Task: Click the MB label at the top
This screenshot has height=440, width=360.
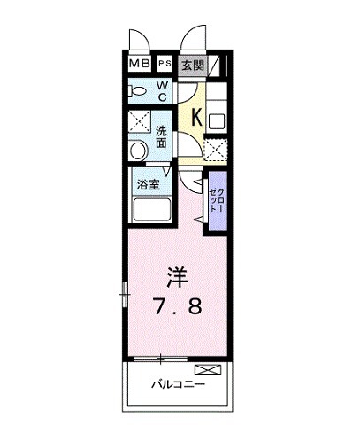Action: pos(140,65)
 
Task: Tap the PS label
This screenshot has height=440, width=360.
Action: pos(165,65)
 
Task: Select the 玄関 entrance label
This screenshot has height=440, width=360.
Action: pos(193,65)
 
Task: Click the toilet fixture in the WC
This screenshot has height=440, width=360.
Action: pos(138,89)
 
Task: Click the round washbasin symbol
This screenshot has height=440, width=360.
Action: pos(136,151)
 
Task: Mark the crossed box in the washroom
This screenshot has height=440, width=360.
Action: pos(139,123)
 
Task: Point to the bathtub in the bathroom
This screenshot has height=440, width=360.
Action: pos(152,212)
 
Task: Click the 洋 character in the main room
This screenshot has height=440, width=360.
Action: pos(176,274)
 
